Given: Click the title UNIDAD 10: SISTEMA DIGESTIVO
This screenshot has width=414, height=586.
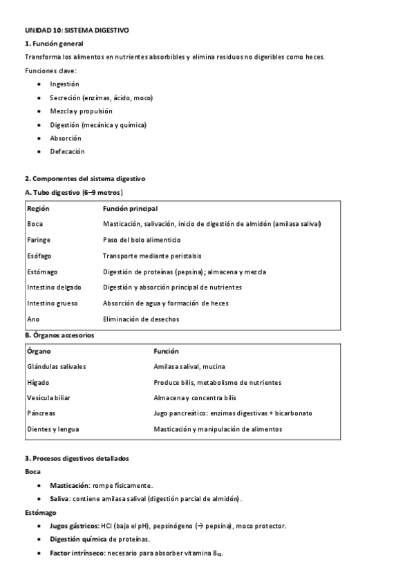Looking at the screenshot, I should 76,31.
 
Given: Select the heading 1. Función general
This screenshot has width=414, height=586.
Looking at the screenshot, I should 54,44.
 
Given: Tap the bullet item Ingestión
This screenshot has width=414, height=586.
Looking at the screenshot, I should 64,84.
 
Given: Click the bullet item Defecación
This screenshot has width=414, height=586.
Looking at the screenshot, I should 67,151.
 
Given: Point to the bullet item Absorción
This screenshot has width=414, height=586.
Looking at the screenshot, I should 65,138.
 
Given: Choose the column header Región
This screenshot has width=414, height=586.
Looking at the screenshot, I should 38,208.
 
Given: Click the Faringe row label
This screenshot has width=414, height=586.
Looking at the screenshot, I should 39,240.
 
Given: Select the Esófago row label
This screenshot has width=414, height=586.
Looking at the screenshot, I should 39,256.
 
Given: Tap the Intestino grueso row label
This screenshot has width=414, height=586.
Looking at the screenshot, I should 53,303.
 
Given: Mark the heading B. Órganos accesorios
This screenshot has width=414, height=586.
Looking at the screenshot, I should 59,335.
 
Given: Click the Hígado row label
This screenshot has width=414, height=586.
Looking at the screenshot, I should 38,382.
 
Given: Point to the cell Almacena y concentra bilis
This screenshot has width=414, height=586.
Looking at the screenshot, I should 195,398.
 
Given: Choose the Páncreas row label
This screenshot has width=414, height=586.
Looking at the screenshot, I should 41,413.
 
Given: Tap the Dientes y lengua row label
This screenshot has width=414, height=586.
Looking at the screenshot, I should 53,429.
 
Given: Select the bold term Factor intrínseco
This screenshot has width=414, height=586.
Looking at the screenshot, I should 77,554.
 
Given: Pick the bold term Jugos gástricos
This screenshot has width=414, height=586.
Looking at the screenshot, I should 74,526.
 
